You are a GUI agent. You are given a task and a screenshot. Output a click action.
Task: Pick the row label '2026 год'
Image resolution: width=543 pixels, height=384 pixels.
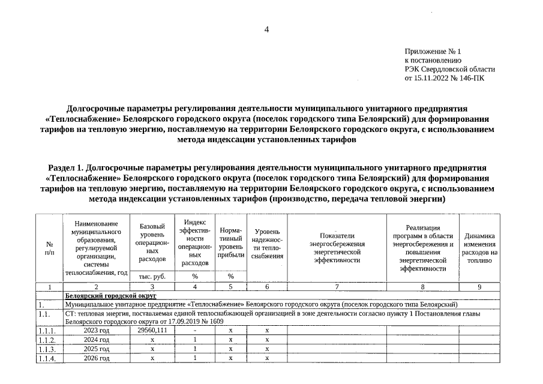(97, 358)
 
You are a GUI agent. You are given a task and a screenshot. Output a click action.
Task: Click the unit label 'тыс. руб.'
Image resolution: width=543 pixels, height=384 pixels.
(152, 277)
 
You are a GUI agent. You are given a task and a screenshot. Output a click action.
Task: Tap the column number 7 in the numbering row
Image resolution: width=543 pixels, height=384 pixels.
(337, 287)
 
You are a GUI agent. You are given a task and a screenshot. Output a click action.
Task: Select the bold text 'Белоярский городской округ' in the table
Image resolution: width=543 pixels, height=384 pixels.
(102, 296)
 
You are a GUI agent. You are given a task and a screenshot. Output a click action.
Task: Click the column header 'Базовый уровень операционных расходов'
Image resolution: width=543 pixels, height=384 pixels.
(152, 242)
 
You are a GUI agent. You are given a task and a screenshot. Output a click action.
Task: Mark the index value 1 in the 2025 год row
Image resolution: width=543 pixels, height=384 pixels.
(195, 349)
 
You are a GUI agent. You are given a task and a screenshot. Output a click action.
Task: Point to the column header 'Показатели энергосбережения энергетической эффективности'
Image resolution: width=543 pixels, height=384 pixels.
(337, 248)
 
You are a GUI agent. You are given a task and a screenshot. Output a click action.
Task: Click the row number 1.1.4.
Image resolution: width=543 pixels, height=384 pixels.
(47, 358)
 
